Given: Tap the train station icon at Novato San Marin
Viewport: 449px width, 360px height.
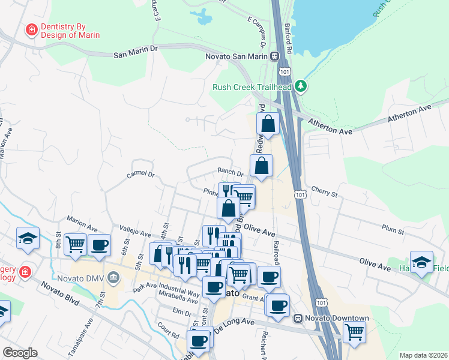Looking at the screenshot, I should click(274, 56).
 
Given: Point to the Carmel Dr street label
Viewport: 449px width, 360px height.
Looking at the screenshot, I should click(141, 175).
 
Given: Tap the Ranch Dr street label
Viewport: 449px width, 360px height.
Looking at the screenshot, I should click(230, 173).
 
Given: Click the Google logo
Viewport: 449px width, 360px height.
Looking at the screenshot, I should click(20, 353).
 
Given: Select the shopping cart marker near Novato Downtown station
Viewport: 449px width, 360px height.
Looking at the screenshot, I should click(354, 331).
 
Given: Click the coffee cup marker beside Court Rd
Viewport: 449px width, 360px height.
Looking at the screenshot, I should click(197, 340).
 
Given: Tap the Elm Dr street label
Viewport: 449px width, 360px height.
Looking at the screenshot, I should click(181, 312).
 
